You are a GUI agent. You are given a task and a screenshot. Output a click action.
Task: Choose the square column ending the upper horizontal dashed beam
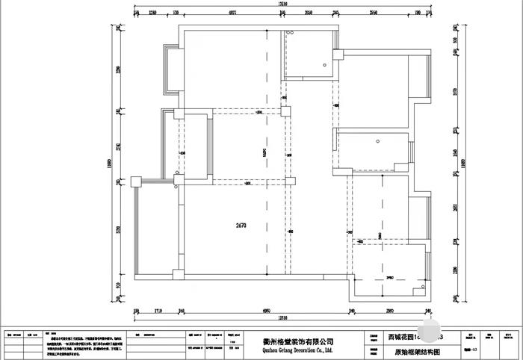[x=285, y=112]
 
